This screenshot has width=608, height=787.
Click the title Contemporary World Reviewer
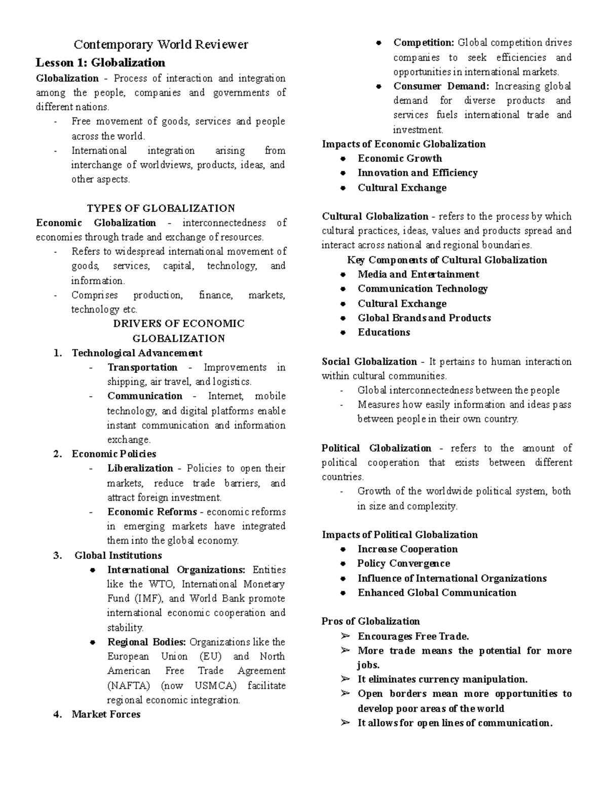point(161,45)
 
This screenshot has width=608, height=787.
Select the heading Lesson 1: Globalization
point(100,63)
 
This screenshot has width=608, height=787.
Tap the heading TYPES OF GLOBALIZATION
point(161,208)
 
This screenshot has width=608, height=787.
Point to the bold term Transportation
point(142,367)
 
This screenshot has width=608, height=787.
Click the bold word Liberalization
point(140,468)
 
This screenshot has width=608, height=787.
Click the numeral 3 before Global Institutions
point(57,555)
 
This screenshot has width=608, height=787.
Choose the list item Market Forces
point(106,715)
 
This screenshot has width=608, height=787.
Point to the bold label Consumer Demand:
point(441,86)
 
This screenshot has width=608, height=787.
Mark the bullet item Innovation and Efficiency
point(417,173)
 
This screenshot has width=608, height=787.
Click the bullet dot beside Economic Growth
point(343,159)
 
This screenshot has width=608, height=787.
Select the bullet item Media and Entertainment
point(418,275)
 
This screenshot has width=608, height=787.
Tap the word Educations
point(384,332)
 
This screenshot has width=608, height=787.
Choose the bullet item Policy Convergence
point(403,564)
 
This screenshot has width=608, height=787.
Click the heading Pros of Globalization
point(370,621)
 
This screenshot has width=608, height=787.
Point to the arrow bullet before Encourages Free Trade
point(346,636)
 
